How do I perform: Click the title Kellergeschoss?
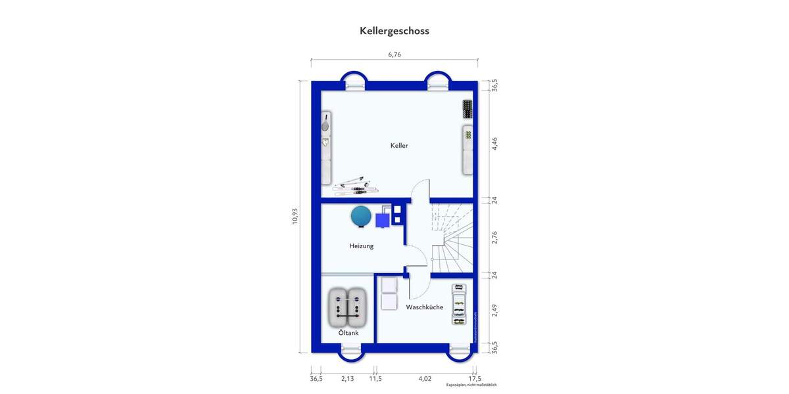394,30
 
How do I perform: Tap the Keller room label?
399,146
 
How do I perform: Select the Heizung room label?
361,246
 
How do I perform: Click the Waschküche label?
424,307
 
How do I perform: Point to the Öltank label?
348,333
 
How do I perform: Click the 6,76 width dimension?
394,55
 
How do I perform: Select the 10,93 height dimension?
295,216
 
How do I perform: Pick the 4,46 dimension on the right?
494,144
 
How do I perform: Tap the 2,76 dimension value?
494,237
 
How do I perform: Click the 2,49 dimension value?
494,310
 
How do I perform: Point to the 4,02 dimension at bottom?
425,378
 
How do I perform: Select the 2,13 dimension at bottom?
347,378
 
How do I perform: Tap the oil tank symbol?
348,307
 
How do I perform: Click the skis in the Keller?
355,185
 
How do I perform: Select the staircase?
451,237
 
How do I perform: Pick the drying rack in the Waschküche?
461,305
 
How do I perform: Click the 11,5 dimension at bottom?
375,378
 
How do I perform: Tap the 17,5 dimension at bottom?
475,378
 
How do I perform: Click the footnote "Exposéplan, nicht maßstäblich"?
471,385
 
